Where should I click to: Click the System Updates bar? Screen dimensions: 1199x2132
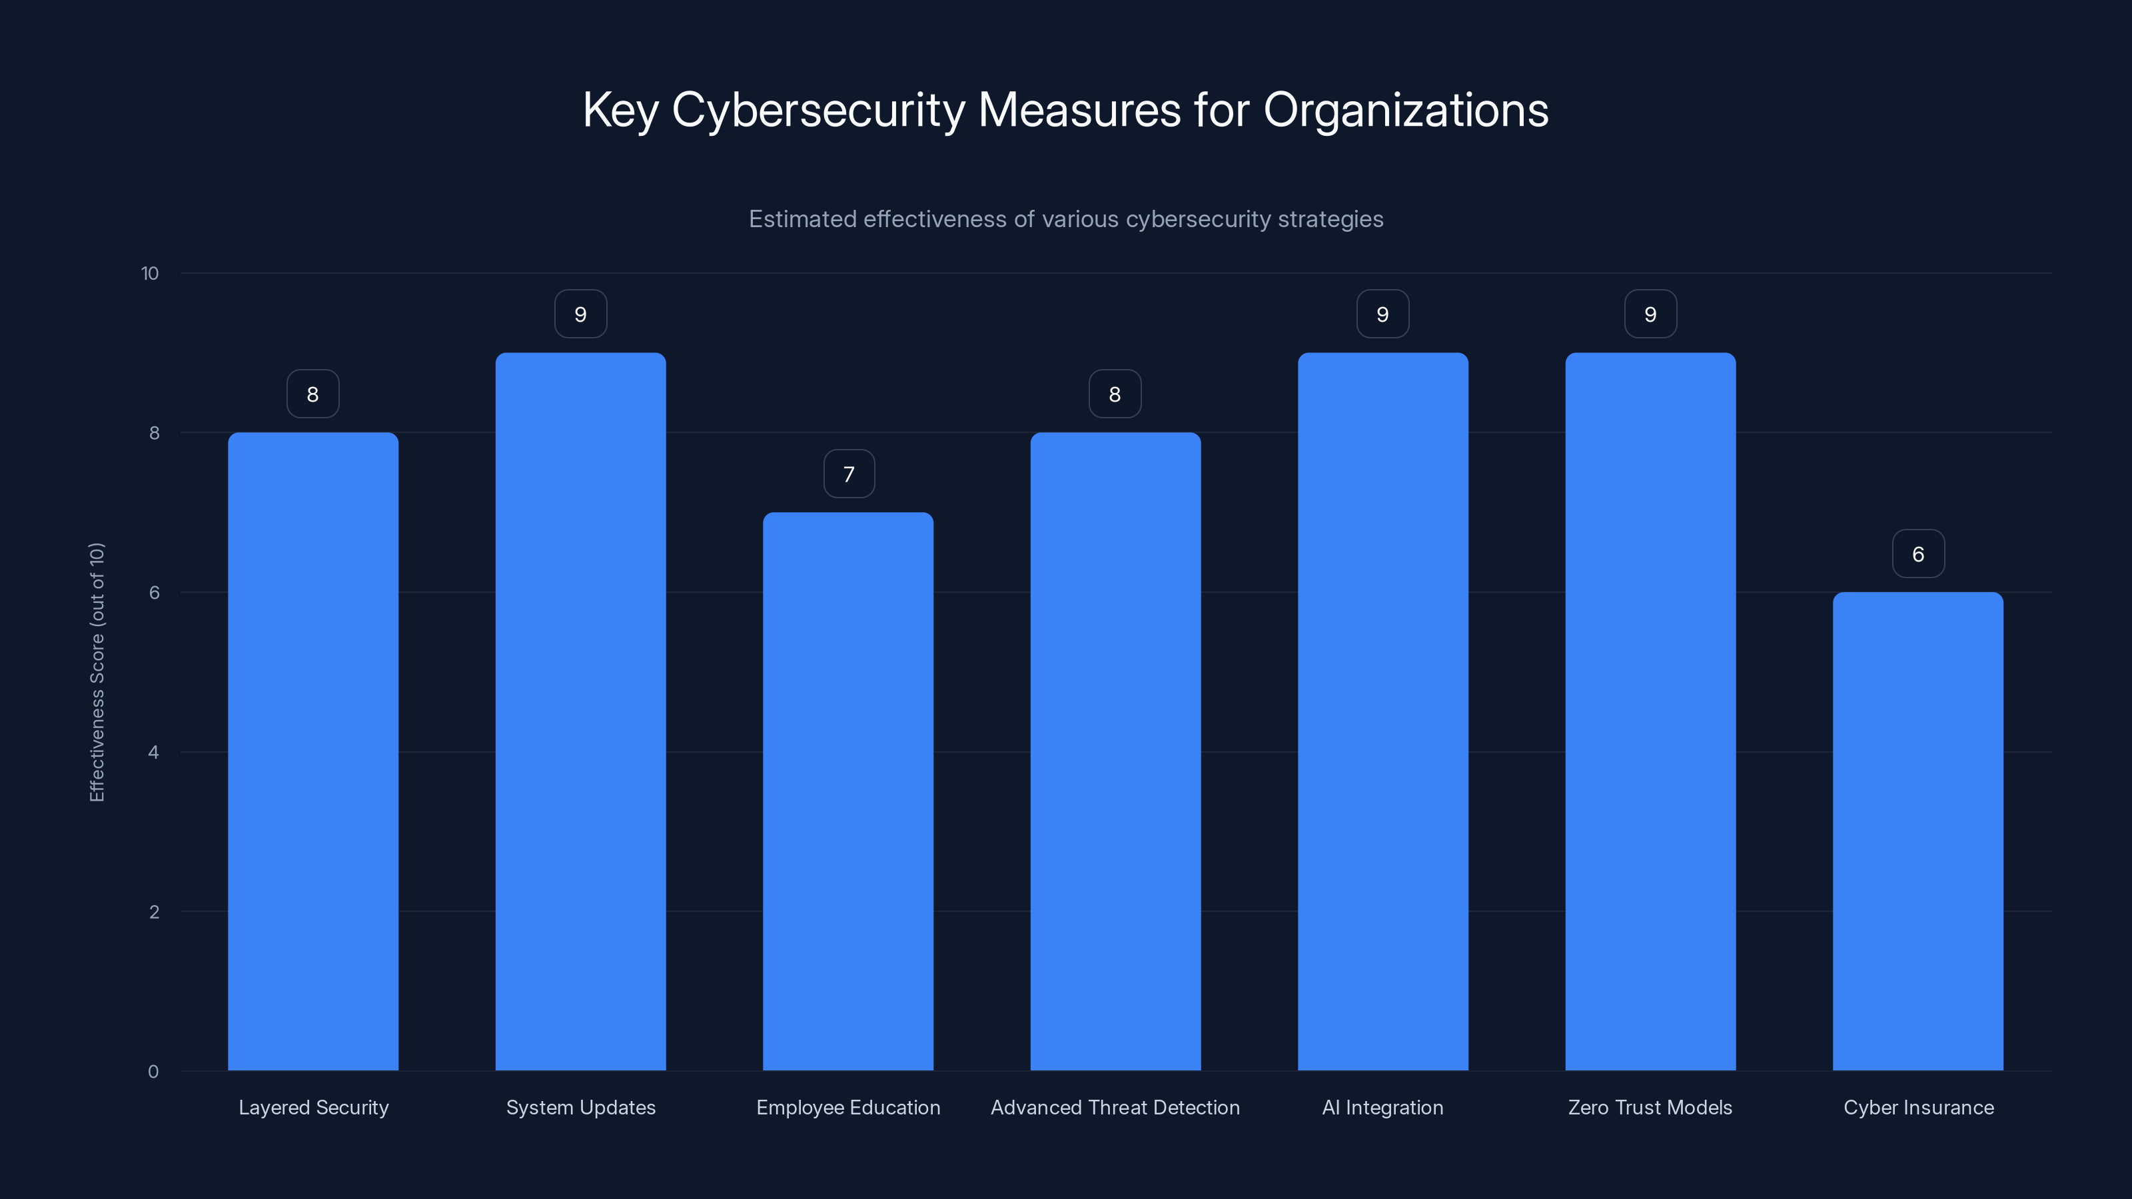pyautogui.click(x=580, y=711)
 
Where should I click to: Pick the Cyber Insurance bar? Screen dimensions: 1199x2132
pyautogui.click(x=1917, y=831)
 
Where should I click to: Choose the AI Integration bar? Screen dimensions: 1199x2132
pyautogui.click(x=1382, y=711)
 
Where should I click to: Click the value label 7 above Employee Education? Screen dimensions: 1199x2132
pyautogui.click(x=848, y=474)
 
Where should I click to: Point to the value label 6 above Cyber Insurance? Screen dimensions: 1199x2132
pyautogui.click(x=1917, y=554)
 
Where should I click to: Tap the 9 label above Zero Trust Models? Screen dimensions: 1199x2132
pyautogui.click(x=1650, y=314)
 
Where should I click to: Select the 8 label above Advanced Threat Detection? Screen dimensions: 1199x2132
pyautogui.click(x=1115, y=395)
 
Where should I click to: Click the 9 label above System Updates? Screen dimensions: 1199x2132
pyautogui.click(x=580, y=314)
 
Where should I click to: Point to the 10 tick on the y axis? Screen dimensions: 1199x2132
pyautogui.click(x=150, y=274)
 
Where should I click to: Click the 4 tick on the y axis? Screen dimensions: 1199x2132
pyautogui.click(x=153, y=752)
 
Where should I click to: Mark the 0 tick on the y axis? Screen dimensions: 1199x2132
pyautogui.click(x=153, y=1072)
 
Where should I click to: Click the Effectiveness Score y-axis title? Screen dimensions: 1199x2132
pyautogui.click(x=97, y=672)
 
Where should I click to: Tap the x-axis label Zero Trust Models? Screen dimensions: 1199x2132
pyautogui.click(x=1650, y=1107)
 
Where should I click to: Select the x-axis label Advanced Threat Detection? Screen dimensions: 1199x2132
pyautogui.click(x=1115, y=1107)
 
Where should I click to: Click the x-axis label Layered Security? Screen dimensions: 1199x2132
pyautogui.click(x=313, y=1107)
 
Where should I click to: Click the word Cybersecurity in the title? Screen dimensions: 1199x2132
pyautogui.click(x=817, y=110)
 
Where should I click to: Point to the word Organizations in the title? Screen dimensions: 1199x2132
pyautogui.click(x=1405, y=110)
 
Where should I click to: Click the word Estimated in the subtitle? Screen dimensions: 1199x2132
pyautogui.click(x=802, y=219)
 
